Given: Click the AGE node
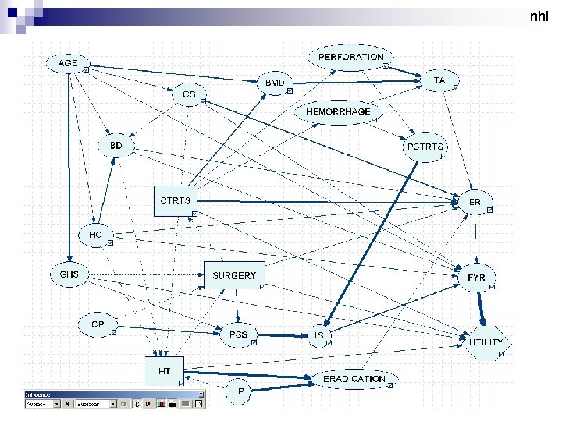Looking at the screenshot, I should (69, 62).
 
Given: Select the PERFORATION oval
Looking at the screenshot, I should (351, 57).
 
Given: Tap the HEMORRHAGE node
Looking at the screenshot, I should (337, 112).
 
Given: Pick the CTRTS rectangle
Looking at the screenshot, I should (175, 200).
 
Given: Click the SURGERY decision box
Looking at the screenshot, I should (234, 275).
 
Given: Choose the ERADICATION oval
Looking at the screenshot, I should (354, 379).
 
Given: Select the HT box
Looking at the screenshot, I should (165, 371).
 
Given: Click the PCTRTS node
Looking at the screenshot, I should (425, 147).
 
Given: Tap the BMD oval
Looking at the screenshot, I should (275, 82).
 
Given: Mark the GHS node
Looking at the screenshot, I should (69, 274).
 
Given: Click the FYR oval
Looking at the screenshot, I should (476, 278).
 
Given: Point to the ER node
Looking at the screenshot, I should (475, 202).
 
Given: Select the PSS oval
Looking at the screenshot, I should (238, 334).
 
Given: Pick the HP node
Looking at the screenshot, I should (240, 390).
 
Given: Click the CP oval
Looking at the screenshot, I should (98, 324).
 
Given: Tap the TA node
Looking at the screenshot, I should (439, 80).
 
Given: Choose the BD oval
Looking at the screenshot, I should (116, 146).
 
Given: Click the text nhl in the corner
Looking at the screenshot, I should (538, 16).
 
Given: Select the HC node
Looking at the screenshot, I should (96, 235).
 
